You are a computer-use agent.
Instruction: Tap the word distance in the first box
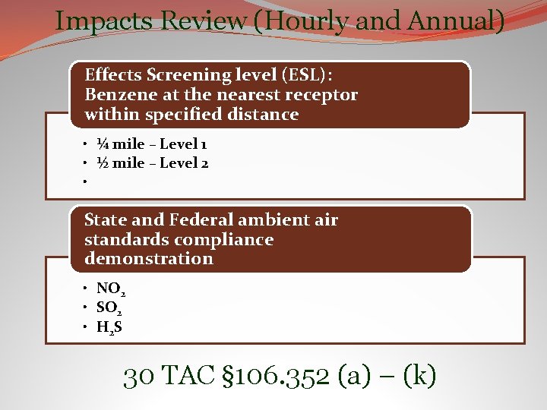(x=267, y=115)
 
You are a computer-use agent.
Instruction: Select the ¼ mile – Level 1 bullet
(x=152, y=144)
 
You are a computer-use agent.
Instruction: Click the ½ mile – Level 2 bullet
(x=153, y=163)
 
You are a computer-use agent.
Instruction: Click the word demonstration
(x=149, y=259)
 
